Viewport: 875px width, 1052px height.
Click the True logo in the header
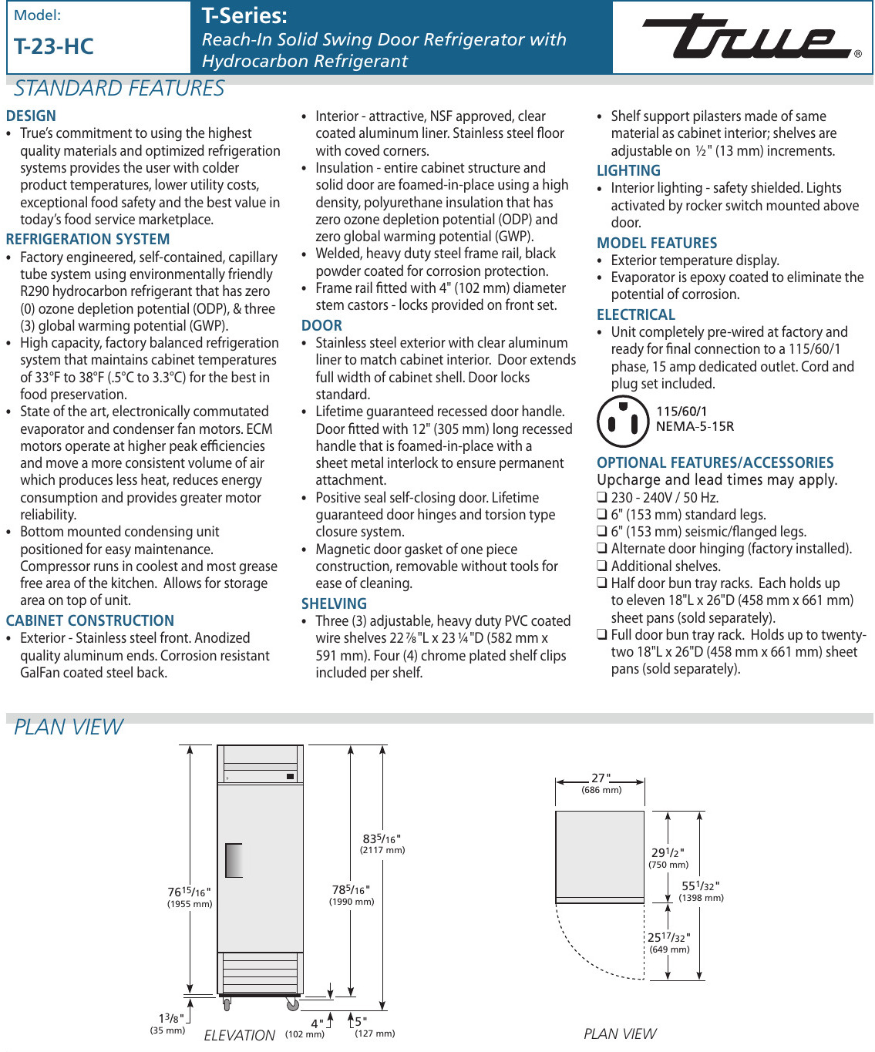(747, 37)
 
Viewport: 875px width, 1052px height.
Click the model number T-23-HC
(54, 47)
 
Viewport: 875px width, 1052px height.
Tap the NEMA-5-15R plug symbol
(623, 422)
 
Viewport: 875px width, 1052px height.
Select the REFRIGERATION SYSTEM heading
(88, 240)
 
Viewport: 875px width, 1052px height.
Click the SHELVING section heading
(334, 604)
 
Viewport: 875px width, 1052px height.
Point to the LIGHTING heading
(628, 171)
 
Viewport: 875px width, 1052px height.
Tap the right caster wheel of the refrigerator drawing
(293, 1004)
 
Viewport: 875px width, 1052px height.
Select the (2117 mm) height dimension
(382, 850)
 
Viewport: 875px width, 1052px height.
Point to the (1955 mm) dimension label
(190, 904)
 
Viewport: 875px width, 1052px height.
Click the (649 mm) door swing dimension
(669, 949)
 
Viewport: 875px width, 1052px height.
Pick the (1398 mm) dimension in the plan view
(701, 898)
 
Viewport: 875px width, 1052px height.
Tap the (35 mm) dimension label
(167, 1030)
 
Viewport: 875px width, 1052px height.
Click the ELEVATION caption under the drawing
(239, 1035)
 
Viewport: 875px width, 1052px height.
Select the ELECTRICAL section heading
(636, 315)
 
